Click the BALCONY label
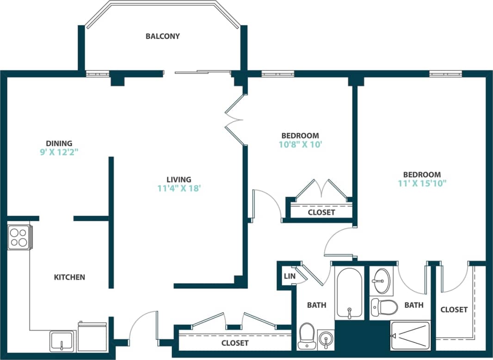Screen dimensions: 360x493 coord(162,36)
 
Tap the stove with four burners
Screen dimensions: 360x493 coord(19,237)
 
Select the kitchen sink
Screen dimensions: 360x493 coord(62,341)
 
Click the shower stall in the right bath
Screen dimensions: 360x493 coord(410,335)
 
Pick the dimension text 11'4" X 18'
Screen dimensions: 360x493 coord(179,188)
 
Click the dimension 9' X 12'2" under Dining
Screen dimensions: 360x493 coord(59,152)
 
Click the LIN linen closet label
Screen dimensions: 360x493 coord(290,276)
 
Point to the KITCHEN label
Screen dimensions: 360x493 coord(69,277)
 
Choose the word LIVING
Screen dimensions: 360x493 coord(179,180)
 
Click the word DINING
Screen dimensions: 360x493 coord(59,143)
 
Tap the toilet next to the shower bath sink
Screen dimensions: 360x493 coord(384,306)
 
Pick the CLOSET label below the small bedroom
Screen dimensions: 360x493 coord(321,212)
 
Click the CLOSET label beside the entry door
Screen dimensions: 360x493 coord(235,343)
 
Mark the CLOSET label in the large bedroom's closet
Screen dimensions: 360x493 coord(454,310)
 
